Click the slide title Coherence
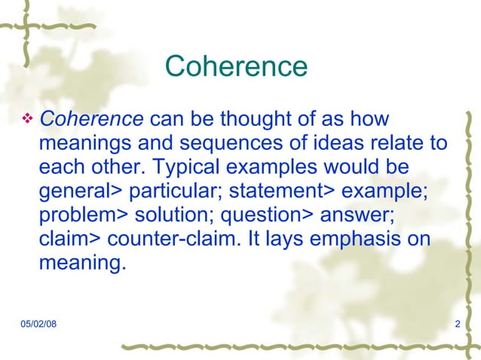click(236, 67)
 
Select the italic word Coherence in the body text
click(91, 118)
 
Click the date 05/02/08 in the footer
click(38, 324)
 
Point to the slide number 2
click(458, 324)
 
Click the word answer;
click(357, 215)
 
